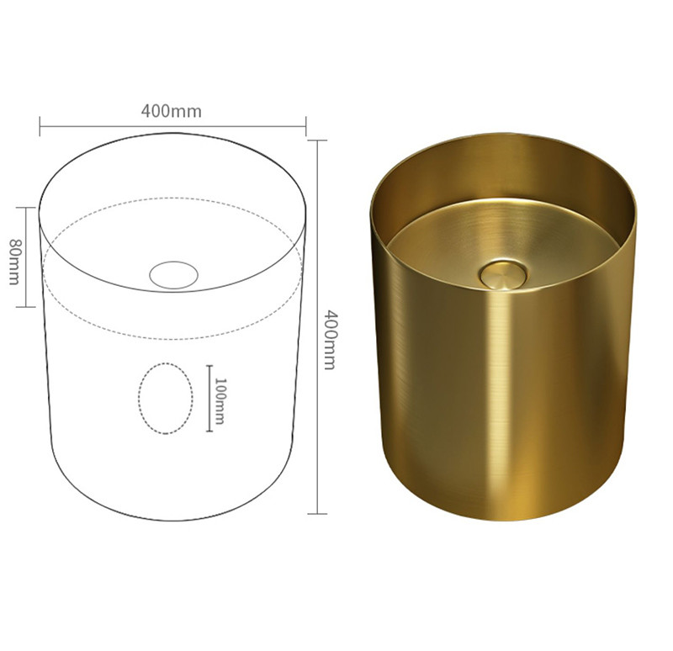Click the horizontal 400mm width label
pyautogui.click(x=172, y=111)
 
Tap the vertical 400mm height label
pyautogui.click(x=328, y=340)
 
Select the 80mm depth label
pyautogui.click(x=14, y=262)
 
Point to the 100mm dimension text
pyautogui.click(x=219, y=401)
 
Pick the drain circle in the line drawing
pyautogui.click(x=174, y=274)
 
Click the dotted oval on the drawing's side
pyautogui.click(x=166, y=398)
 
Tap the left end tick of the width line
pyautogui.click(x=40, y=126)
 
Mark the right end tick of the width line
pyautogui.click(x=305, y=126)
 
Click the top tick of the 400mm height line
pyautogui.click(x=318, y=140)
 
